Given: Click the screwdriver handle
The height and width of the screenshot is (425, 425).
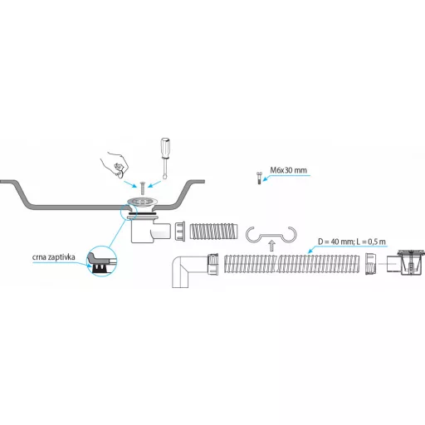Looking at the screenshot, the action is [x=165, y=148].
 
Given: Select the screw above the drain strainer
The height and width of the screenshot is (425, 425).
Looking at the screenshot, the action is [x=143, y=188].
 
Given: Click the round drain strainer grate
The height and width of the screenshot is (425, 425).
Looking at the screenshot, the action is [x=143, y=202].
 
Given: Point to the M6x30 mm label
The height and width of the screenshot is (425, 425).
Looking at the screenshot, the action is [x=288, y=170].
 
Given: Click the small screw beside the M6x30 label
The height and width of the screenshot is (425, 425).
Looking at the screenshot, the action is [x=259, y=178].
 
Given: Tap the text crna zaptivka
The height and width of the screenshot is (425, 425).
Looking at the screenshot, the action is [x=54, y=257].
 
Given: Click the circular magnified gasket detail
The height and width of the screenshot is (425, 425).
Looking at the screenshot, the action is [x=102, y=261].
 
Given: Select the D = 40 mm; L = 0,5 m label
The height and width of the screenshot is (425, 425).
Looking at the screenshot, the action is [x=352, y=242].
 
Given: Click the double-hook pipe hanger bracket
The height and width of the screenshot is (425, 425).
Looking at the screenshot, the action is [x=271, y=236].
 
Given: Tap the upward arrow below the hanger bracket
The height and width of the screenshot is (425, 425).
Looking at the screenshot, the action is [x=271, y=246].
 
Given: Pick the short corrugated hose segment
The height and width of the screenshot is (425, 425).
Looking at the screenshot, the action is [x=213, y=232].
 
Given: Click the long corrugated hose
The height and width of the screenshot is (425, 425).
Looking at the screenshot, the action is [x=291, y=264].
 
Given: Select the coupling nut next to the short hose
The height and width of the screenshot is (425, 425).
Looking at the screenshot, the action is [x=180, y=231].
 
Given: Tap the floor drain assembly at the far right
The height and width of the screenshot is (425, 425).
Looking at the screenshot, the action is [x=406, y=262].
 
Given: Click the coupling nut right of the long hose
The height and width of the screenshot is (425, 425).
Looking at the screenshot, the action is [x=371, y=264].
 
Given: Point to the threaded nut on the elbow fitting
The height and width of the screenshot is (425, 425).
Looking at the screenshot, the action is [x=213, y=265].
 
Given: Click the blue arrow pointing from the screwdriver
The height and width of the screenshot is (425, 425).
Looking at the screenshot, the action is [x=154, y=184].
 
